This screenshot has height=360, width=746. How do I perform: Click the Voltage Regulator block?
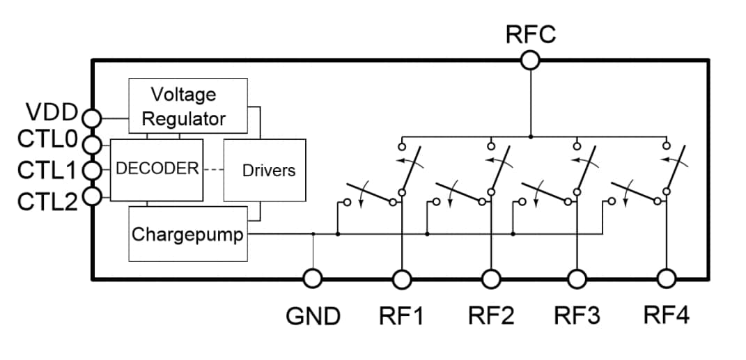[187, 106]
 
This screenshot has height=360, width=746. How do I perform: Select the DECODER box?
[157, 169]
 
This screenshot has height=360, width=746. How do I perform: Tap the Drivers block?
[265, 171]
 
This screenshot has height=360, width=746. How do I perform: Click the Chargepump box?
[188, 234]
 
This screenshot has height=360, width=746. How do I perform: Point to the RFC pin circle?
[530, 61]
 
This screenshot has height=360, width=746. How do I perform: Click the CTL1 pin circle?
[92, 169]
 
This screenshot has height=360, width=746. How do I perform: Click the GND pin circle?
[312, 279]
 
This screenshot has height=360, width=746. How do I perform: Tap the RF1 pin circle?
[402, 279]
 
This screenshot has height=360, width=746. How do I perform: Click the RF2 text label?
[490, 317]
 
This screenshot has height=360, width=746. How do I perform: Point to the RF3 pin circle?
[576, 279]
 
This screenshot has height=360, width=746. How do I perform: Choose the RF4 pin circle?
[667, 279]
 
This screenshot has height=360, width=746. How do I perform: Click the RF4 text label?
[666, 317]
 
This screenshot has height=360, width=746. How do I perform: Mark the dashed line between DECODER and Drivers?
[212, 169]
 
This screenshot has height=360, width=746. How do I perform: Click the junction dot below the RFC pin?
[530, 136]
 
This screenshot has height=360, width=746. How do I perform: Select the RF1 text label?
[401, 317]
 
